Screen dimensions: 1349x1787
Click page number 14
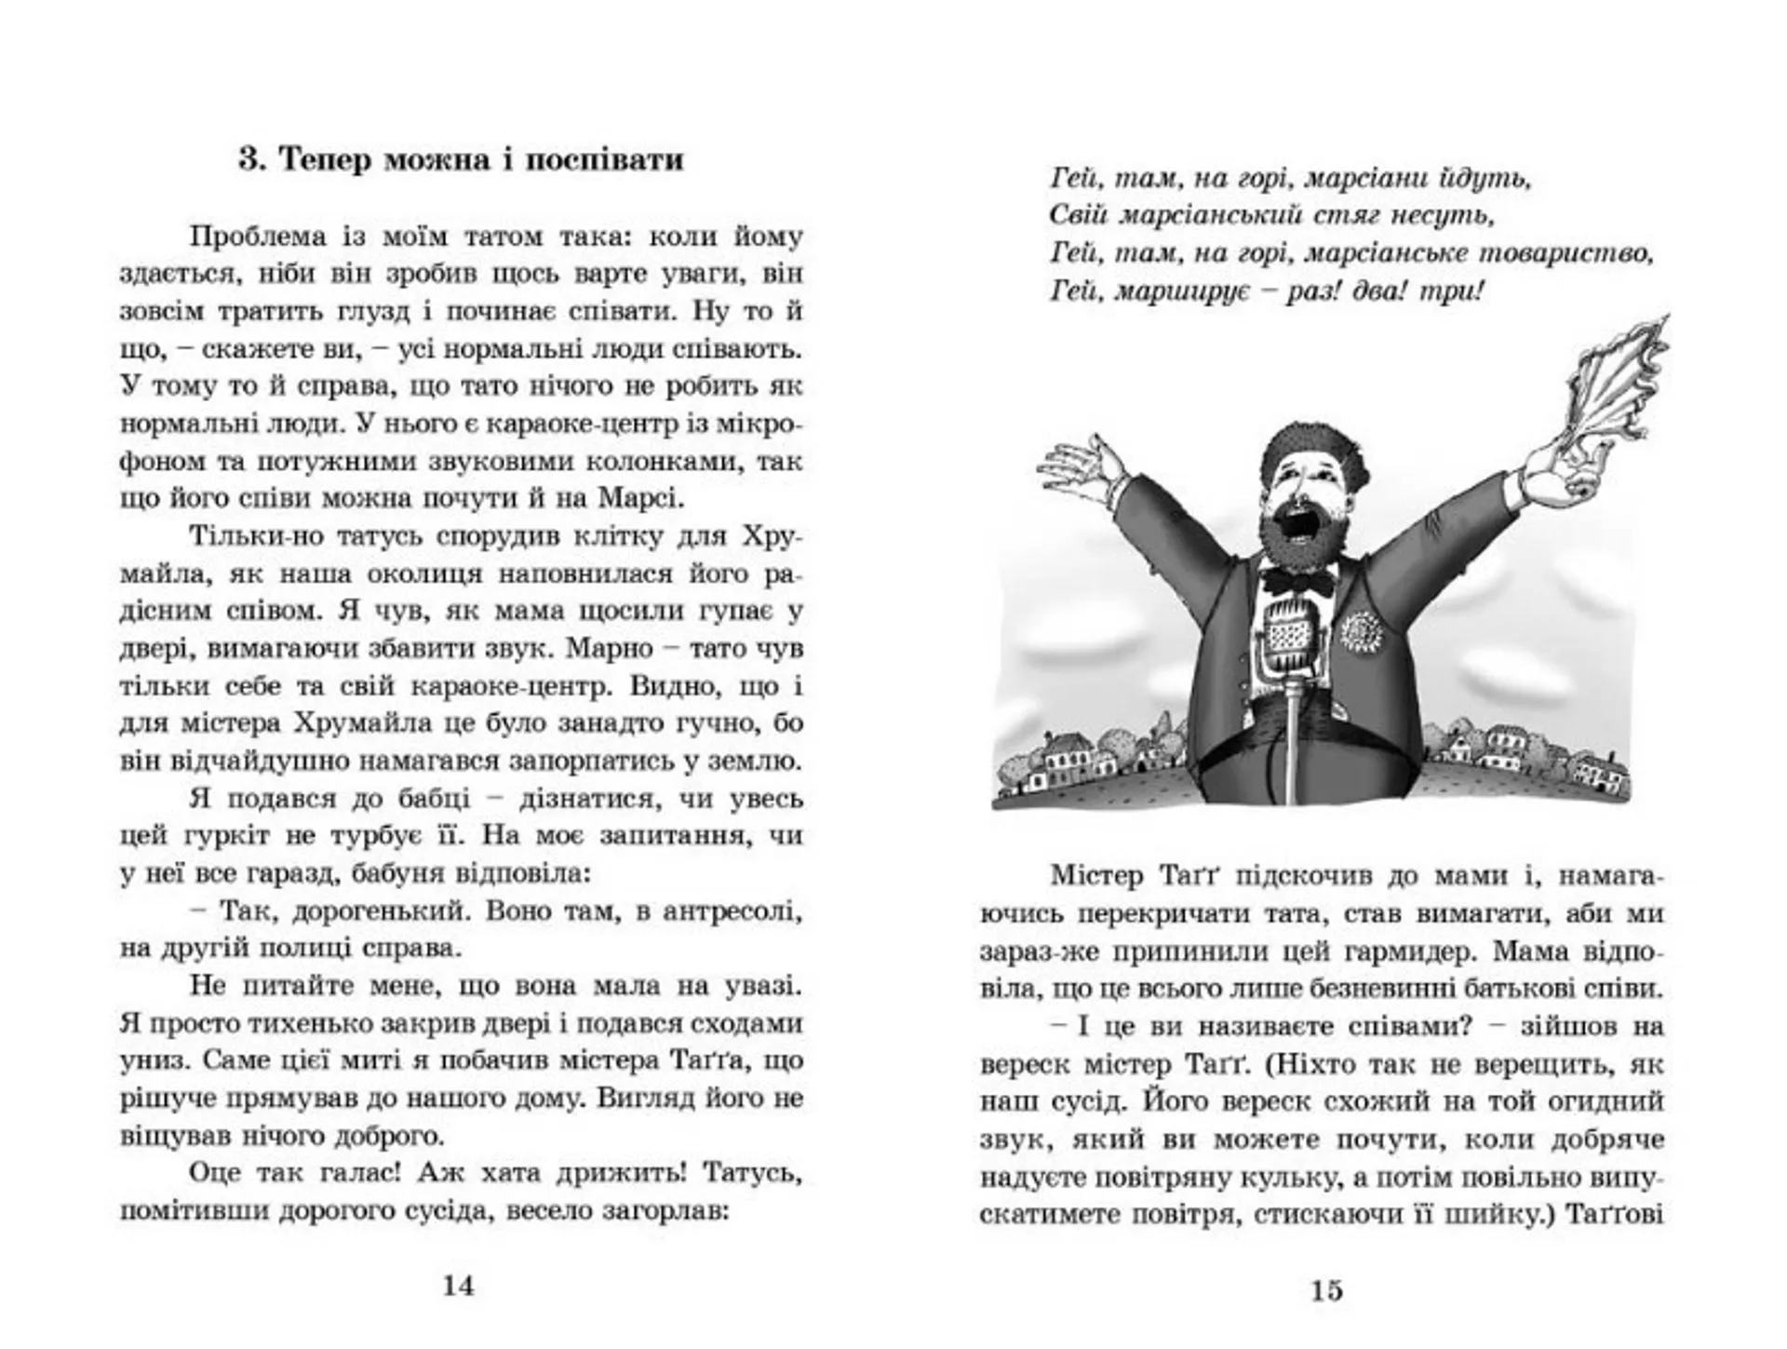458,1286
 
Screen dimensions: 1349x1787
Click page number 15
1326,1290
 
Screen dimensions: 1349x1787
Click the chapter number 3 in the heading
249,159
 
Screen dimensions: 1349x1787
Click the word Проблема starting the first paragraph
258,236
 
